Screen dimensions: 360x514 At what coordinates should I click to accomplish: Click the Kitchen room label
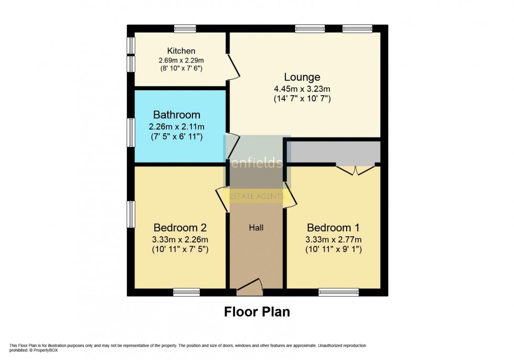pos(181,51)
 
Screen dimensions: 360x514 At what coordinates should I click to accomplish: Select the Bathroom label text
pos(176,114)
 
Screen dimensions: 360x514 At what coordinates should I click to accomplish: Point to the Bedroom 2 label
pos(180,228)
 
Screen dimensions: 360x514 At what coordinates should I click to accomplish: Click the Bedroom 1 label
pos(333,228)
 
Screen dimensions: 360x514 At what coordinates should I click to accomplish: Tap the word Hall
pos(256,228)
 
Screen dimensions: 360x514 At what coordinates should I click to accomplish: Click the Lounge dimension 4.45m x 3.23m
pos(302,88)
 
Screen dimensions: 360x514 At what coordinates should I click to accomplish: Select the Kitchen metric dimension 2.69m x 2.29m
pos(181,60)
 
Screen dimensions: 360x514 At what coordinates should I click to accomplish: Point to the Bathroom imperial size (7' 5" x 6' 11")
pos(176,136)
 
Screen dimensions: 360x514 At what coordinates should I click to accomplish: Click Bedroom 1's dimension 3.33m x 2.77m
pos(333,239)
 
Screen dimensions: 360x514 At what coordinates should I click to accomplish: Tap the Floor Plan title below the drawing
pos(257,312)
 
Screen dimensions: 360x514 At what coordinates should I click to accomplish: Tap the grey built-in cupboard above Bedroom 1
pos(333,152)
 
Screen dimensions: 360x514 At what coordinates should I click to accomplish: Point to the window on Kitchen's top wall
pos(185,28)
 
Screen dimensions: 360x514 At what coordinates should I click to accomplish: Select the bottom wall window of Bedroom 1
pos(338,292)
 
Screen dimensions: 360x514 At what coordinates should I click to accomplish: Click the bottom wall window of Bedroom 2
pos(184,292)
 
